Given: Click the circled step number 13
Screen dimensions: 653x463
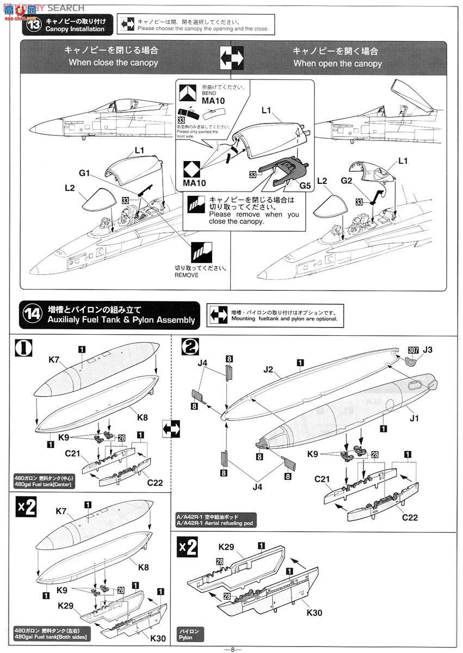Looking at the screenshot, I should pos(34,25).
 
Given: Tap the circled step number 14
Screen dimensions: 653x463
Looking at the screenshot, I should pos(33,315).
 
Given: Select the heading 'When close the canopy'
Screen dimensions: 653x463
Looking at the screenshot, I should pos(113,63).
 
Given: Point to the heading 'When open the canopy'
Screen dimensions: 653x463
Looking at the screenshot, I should pos(337,63).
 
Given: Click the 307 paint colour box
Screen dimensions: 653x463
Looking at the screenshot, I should pos(412,350).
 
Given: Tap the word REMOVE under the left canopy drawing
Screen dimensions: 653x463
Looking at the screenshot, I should pos(187,275).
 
